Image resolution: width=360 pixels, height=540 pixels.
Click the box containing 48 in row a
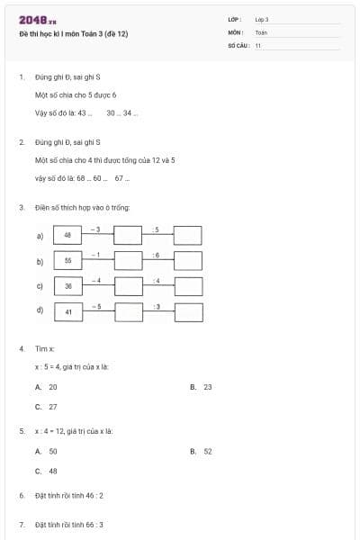point(67,235)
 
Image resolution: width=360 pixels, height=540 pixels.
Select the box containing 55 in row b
point(67,261)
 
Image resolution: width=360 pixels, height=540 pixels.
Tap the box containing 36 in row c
point(67,286)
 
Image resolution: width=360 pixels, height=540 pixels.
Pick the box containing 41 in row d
point(67,312)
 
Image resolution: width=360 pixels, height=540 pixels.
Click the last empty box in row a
point(187,235)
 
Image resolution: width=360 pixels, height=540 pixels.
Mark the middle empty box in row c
point(128,286)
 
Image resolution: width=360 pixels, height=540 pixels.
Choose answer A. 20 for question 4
point(47,387)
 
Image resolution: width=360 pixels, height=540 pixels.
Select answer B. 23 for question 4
point(202,387)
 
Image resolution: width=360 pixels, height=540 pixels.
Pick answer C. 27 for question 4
point(47,407)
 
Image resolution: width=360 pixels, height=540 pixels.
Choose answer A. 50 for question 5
point(47,451)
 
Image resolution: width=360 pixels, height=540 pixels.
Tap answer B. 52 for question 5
point(202,451)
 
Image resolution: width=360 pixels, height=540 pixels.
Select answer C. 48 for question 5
point(47,471)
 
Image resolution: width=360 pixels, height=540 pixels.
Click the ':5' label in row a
point(157,229)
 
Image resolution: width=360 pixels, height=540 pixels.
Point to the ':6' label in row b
point(157,256)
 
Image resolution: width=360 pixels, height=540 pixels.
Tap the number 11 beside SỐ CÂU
point(258,45)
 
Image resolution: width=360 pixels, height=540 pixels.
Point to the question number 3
point(21,208)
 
